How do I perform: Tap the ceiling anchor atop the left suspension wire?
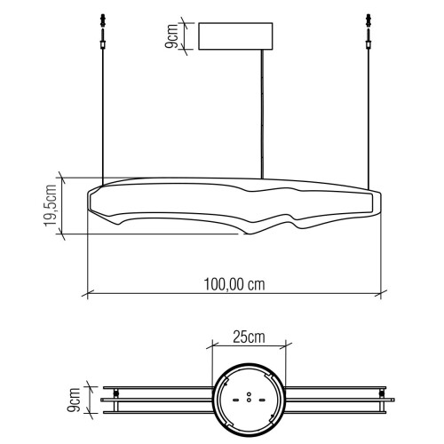[x=103, y=20]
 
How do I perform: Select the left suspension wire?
[x=103, y=115]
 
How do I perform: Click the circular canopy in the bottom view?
[x=248, y=400]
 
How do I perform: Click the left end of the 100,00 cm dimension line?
[x=85, y=292]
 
